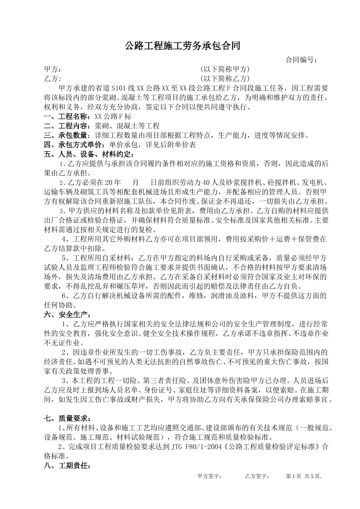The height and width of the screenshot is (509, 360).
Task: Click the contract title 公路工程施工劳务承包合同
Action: click(x=183, y=46)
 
